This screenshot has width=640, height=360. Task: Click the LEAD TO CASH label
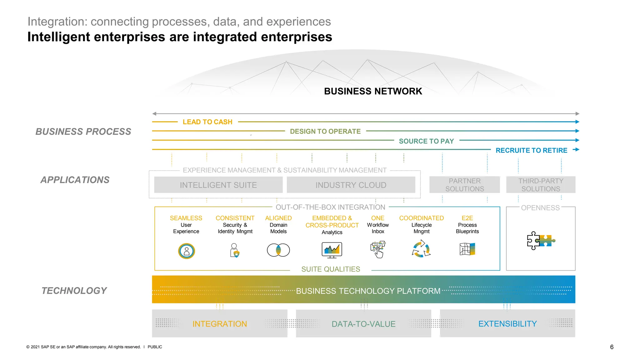tap(207, 122)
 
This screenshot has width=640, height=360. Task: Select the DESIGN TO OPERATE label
tap(325, 131)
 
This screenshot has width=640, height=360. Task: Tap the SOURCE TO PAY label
tap(426, 141)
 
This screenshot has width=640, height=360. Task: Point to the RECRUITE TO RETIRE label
tap(531, 150)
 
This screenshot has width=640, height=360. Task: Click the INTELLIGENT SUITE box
tap(218, 185)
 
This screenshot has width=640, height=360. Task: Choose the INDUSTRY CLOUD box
tap(351, 185)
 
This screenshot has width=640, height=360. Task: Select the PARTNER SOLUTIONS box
tap(464, 185)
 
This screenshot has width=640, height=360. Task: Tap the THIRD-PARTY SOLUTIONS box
tap(541, 185)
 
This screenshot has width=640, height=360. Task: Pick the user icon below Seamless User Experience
tap(187, 251)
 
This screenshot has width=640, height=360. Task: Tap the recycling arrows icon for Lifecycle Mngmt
tap(421, 249)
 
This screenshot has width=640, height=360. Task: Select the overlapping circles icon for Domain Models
tap(278, 250)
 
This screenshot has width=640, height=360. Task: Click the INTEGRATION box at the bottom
tap(219, 324)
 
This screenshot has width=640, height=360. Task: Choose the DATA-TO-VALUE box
tap(363, 324)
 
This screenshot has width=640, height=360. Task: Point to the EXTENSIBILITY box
tap(507, 324)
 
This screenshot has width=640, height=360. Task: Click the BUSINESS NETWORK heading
tap(373, 91)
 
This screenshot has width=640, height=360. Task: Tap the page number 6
tap(612, 347)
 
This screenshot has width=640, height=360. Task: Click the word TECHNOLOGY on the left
tap(74, 291)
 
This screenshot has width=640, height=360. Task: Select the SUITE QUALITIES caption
tap(331, 269)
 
